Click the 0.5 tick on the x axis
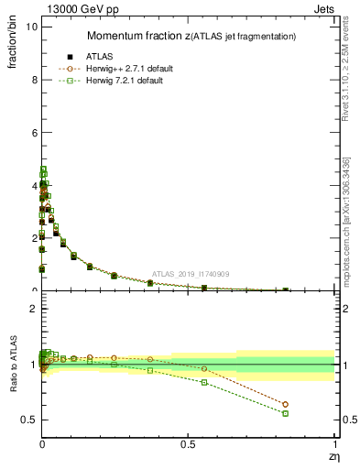[188, 443]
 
